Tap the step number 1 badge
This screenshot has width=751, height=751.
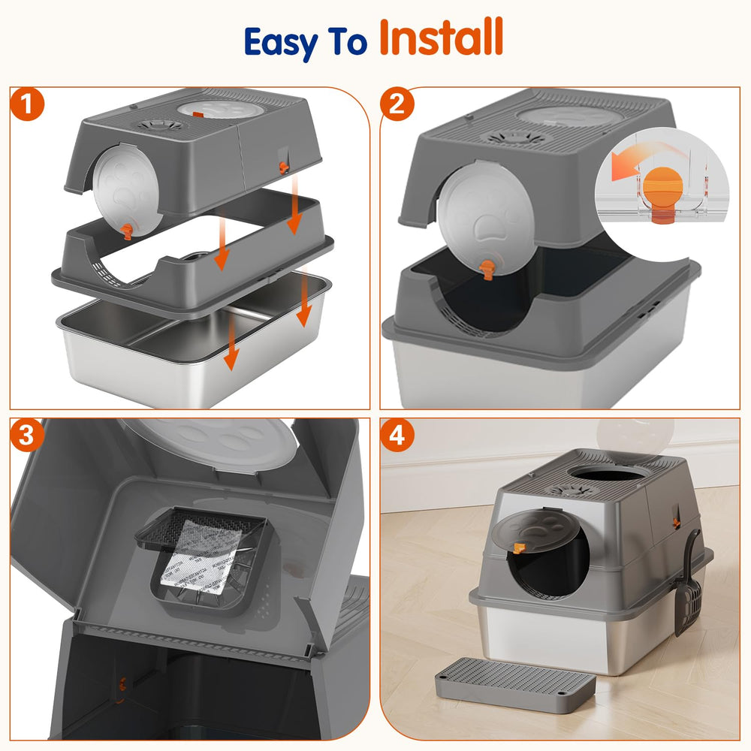click(x=28, y=105)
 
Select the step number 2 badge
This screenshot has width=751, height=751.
click(x=397, y=105)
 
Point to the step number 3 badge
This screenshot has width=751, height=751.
click(x=28, y=436)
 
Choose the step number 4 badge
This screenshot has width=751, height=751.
click(x=397, y=436)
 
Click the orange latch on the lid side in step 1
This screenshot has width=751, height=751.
click(x=283, y=166)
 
